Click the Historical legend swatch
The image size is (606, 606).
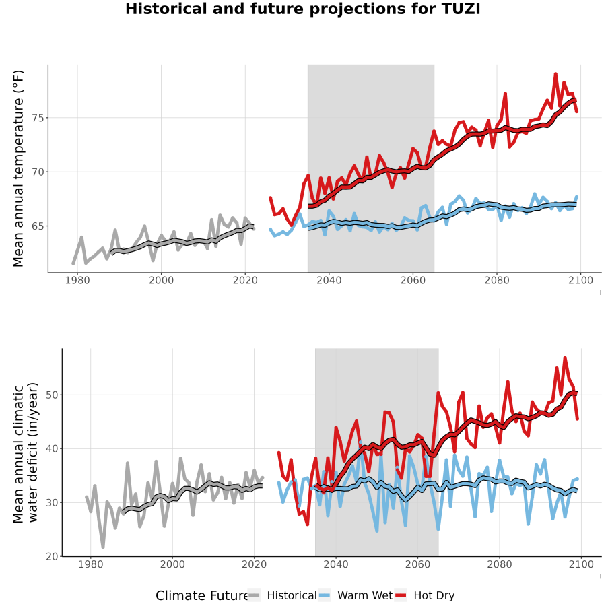254,595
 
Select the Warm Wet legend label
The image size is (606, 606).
365,595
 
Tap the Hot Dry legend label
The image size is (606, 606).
434,595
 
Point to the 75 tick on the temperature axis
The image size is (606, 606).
38,118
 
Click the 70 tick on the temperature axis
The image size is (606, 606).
38,172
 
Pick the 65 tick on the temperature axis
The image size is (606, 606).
38,226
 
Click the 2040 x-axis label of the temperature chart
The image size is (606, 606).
329,280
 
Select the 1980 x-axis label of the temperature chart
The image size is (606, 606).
77,280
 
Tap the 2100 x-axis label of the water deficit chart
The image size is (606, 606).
581,564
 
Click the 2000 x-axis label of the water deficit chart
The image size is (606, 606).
172,564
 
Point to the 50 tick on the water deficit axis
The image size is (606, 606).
52,395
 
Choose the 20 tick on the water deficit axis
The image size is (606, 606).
52,557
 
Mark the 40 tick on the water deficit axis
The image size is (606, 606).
52,448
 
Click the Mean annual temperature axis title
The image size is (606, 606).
18,168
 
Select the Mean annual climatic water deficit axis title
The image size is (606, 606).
26,452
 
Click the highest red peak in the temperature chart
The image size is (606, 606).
555,74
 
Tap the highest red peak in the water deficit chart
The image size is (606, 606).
565,358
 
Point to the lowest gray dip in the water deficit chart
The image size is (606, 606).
103,547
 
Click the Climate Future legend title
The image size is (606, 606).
202,596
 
